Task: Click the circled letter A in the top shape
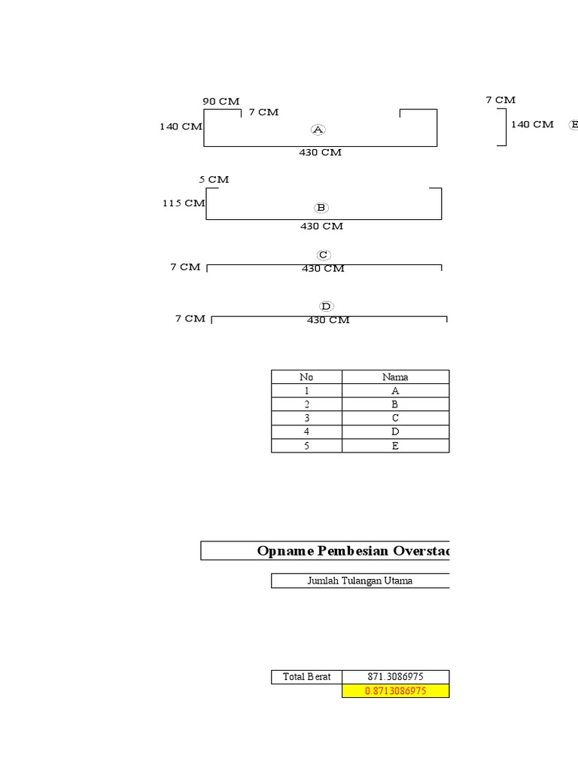tap(318, 130)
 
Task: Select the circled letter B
tap(321, 208)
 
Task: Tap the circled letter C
tap(324, 255)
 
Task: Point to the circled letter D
tap(326, 306)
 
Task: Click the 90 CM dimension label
tap(221, 101)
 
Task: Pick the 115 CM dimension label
tap(184, 203)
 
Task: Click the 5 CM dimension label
tap(214, 180)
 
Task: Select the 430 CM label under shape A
tap(321, 153)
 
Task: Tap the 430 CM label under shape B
tap(322, 226)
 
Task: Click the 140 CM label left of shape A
tap(181, 126)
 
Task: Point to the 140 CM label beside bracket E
tap(532, 125)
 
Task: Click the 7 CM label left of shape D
tap(190, 318)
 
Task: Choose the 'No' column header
tap(306, 377)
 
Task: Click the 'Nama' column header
tap(395, 377)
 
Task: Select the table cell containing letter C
tap(395, 418)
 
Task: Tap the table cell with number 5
tap(306, 446)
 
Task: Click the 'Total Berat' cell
tap(306, 677)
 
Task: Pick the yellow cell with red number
tap(395, 690)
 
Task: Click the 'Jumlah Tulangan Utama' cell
tap(360, 581)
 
